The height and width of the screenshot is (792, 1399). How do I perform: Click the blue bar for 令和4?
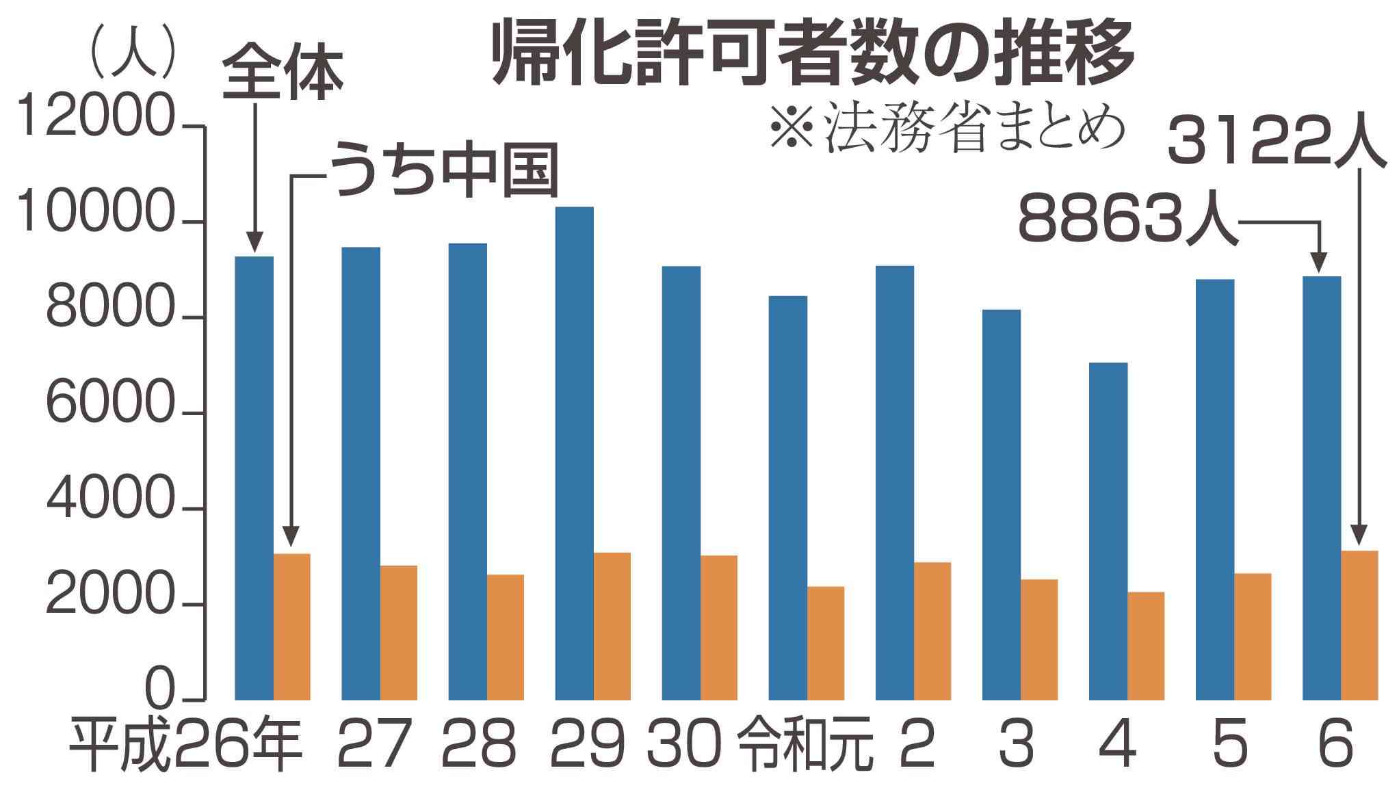pyautogui.click(x=1108, y=531)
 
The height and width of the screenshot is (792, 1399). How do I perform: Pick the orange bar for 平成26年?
pyautogui.click(x=292, y=626)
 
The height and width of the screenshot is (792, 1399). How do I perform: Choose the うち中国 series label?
pyautogui.click(x=445, y=171)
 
